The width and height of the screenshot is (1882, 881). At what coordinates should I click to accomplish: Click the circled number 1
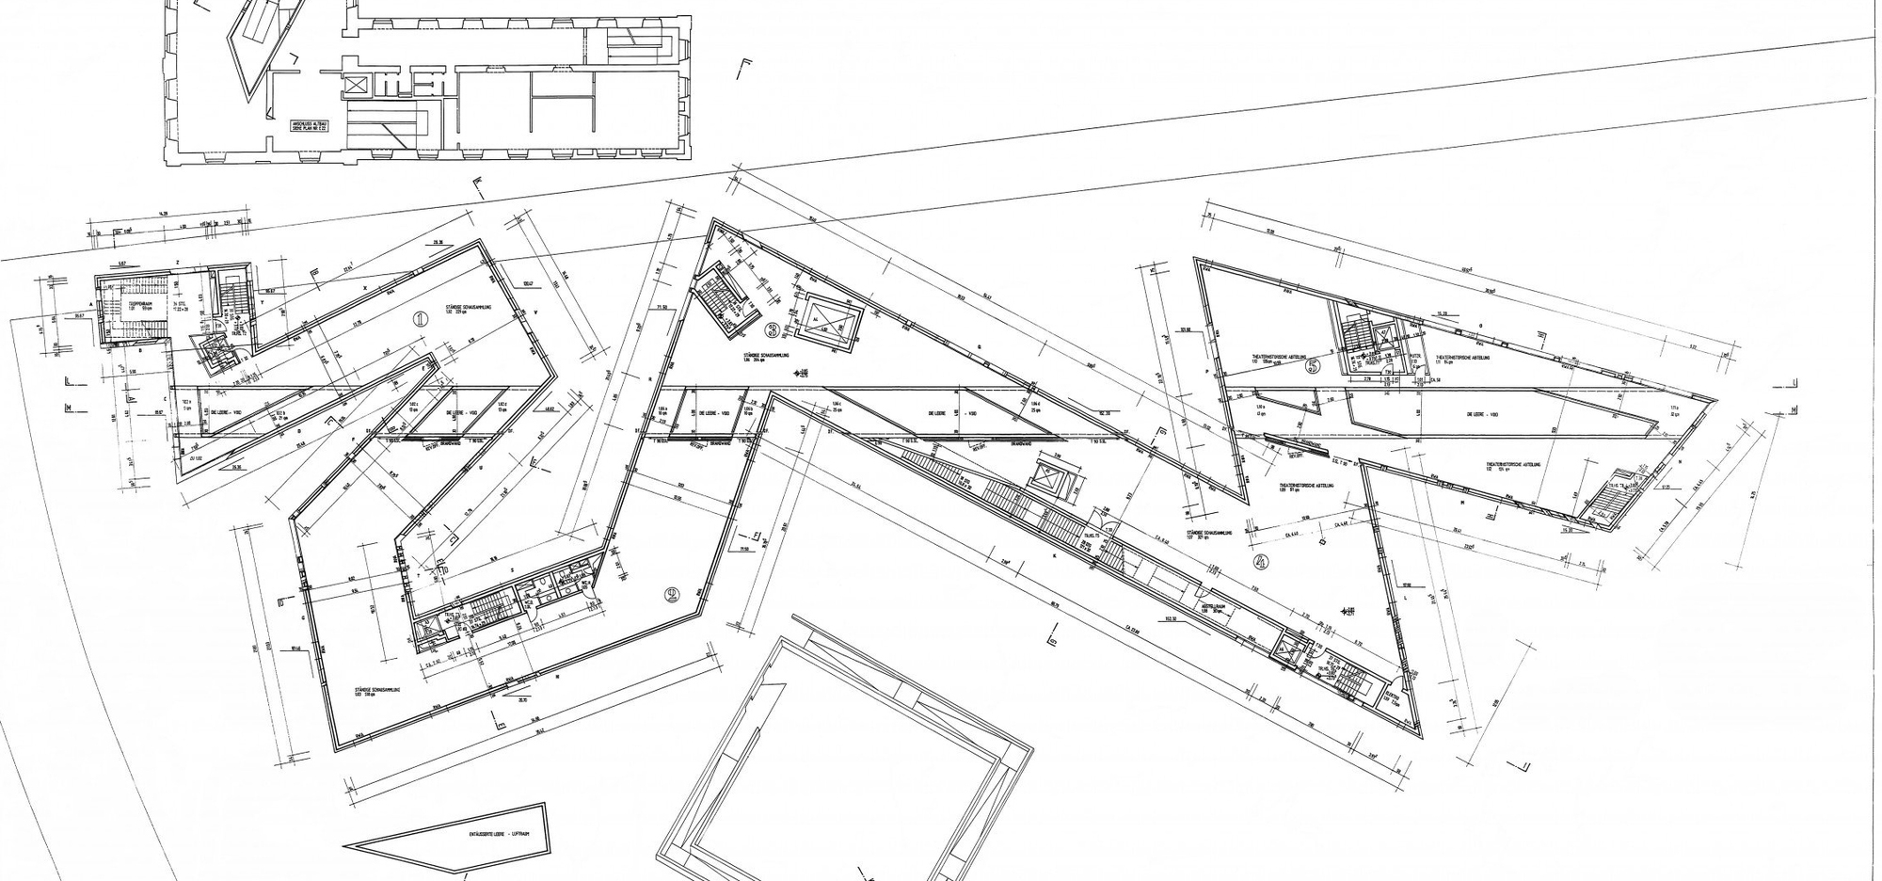(x=420, y=319)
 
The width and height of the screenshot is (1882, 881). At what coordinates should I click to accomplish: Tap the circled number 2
(x=672, y=594)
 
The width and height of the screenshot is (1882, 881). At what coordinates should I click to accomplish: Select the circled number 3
(x=773, y=329)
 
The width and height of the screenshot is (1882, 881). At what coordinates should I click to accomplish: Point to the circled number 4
(x=1262, y=563)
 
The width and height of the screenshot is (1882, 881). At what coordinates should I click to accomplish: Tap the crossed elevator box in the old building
(x=357, y=84)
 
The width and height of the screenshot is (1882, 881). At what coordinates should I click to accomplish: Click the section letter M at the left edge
(x=69, y=408)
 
